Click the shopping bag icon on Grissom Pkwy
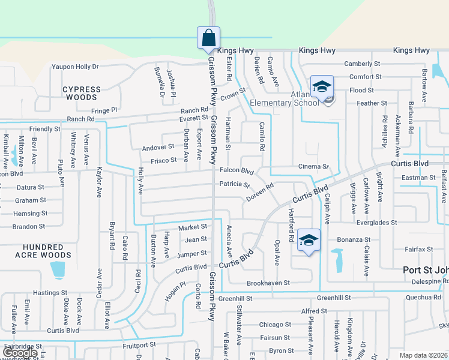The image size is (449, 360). tap(208, 37)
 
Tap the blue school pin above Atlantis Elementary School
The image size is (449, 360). tap(322, 86)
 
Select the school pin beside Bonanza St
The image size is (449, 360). tap(309, 241)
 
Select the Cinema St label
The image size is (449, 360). tap(314, 166)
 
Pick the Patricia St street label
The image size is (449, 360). tap(234, 184)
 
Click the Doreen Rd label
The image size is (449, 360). tap(260, 193)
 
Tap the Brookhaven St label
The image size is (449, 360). tap(268, 283)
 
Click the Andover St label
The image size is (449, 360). tap(158, 147)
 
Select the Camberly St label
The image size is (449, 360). tap(362, 64)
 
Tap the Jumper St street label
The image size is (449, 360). tap(192, 254)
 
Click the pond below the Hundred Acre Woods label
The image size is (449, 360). tap(58, 269)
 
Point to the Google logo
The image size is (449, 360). tap(20, 353)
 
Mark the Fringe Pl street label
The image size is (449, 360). tap(104, 110)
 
